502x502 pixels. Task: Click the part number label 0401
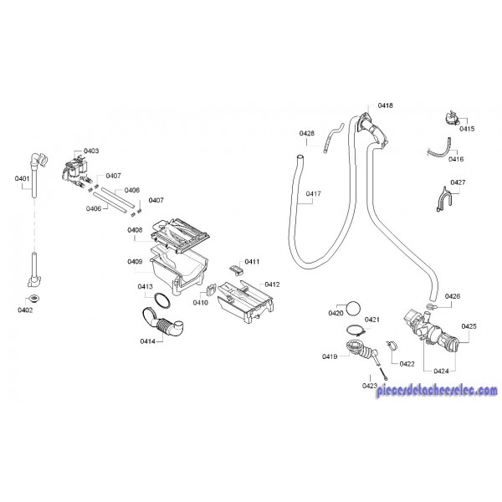[23, 178]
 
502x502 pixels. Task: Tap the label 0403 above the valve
[91, 151]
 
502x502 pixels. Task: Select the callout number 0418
[386, 105]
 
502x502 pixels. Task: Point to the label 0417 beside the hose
[314, 194]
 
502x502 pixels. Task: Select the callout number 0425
[469, 325]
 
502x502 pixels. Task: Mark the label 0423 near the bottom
[371, 385]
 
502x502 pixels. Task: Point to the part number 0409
[135, 261]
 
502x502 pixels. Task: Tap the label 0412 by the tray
[271, 284]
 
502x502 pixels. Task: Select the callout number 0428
[307, 134]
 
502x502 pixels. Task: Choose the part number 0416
[456, 158]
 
